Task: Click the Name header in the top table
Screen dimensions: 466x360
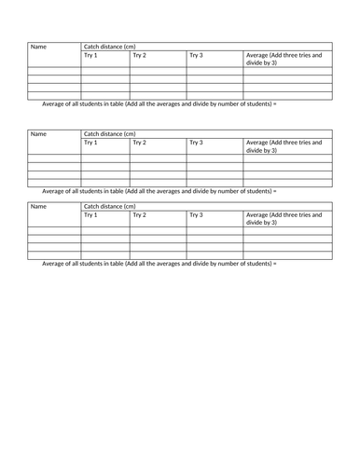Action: click(x=38, y=47)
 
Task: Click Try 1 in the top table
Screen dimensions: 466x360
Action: click(x=90, y=56)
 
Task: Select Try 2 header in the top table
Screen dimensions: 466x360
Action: click(x=139, y=56)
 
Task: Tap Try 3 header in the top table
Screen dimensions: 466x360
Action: click(x=196, y=56)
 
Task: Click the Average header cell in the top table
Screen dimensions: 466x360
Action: click(x=284, y=60)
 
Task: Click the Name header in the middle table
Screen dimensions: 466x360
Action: click(x=38, y=134)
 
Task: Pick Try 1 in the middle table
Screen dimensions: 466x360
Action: click(x=90, y=143)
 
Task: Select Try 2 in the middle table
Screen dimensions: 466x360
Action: click(x=139, y=143)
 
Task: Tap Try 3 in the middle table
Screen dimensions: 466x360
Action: click(x=196, y=143)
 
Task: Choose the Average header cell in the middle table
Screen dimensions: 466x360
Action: click(x=284, y=146)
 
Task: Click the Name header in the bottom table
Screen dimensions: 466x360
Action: click(x=38, y=206)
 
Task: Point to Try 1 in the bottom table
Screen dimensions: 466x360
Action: click(x=90, y=215)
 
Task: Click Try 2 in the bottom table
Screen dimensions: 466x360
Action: click(x=139, y=215)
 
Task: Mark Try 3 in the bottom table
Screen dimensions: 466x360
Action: click(x=196, y=215)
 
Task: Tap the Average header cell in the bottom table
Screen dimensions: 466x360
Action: click(x=284, y=219)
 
